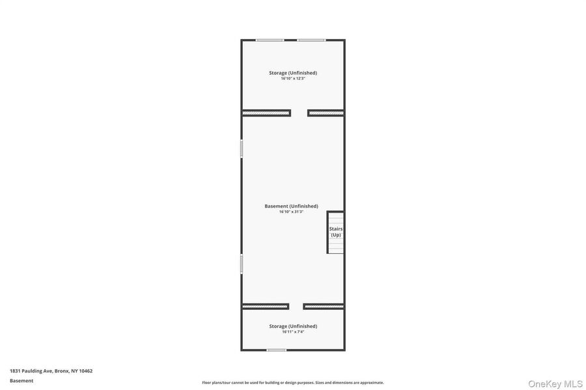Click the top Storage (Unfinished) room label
pos(293,73)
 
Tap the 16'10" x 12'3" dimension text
pos(293,79)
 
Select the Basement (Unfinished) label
pos(291,206)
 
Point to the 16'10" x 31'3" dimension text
pos(291,212)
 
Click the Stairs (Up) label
pos(335,232)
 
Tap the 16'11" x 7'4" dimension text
pos(293,331)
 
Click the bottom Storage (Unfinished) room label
pos(293,326)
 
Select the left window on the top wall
pos(270,40)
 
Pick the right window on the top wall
pos(311,40)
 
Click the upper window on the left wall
pos(242,148)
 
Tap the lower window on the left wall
pos(242,264)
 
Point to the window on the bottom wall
pos(277,350)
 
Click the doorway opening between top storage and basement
pos(299,113)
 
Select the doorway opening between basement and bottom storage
pos(296,307)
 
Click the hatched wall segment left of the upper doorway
pos(266,113)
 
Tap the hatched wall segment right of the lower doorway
pos(324,307)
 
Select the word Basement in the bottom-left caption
pos(21,381)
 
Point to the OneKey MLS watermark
pos(555,383)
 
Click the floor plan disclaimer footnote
pos(293,383)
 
